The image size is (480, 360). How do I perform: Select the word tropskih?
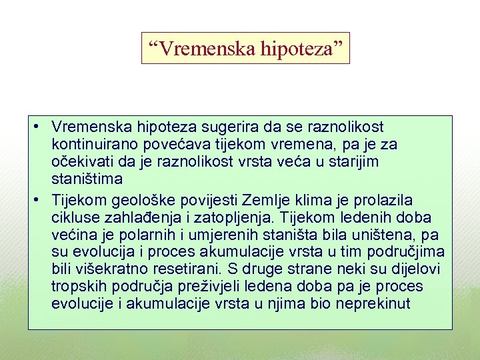click(x=77, y=287)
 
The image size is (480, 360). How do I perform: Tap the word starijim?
click(x=353, y=162)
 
